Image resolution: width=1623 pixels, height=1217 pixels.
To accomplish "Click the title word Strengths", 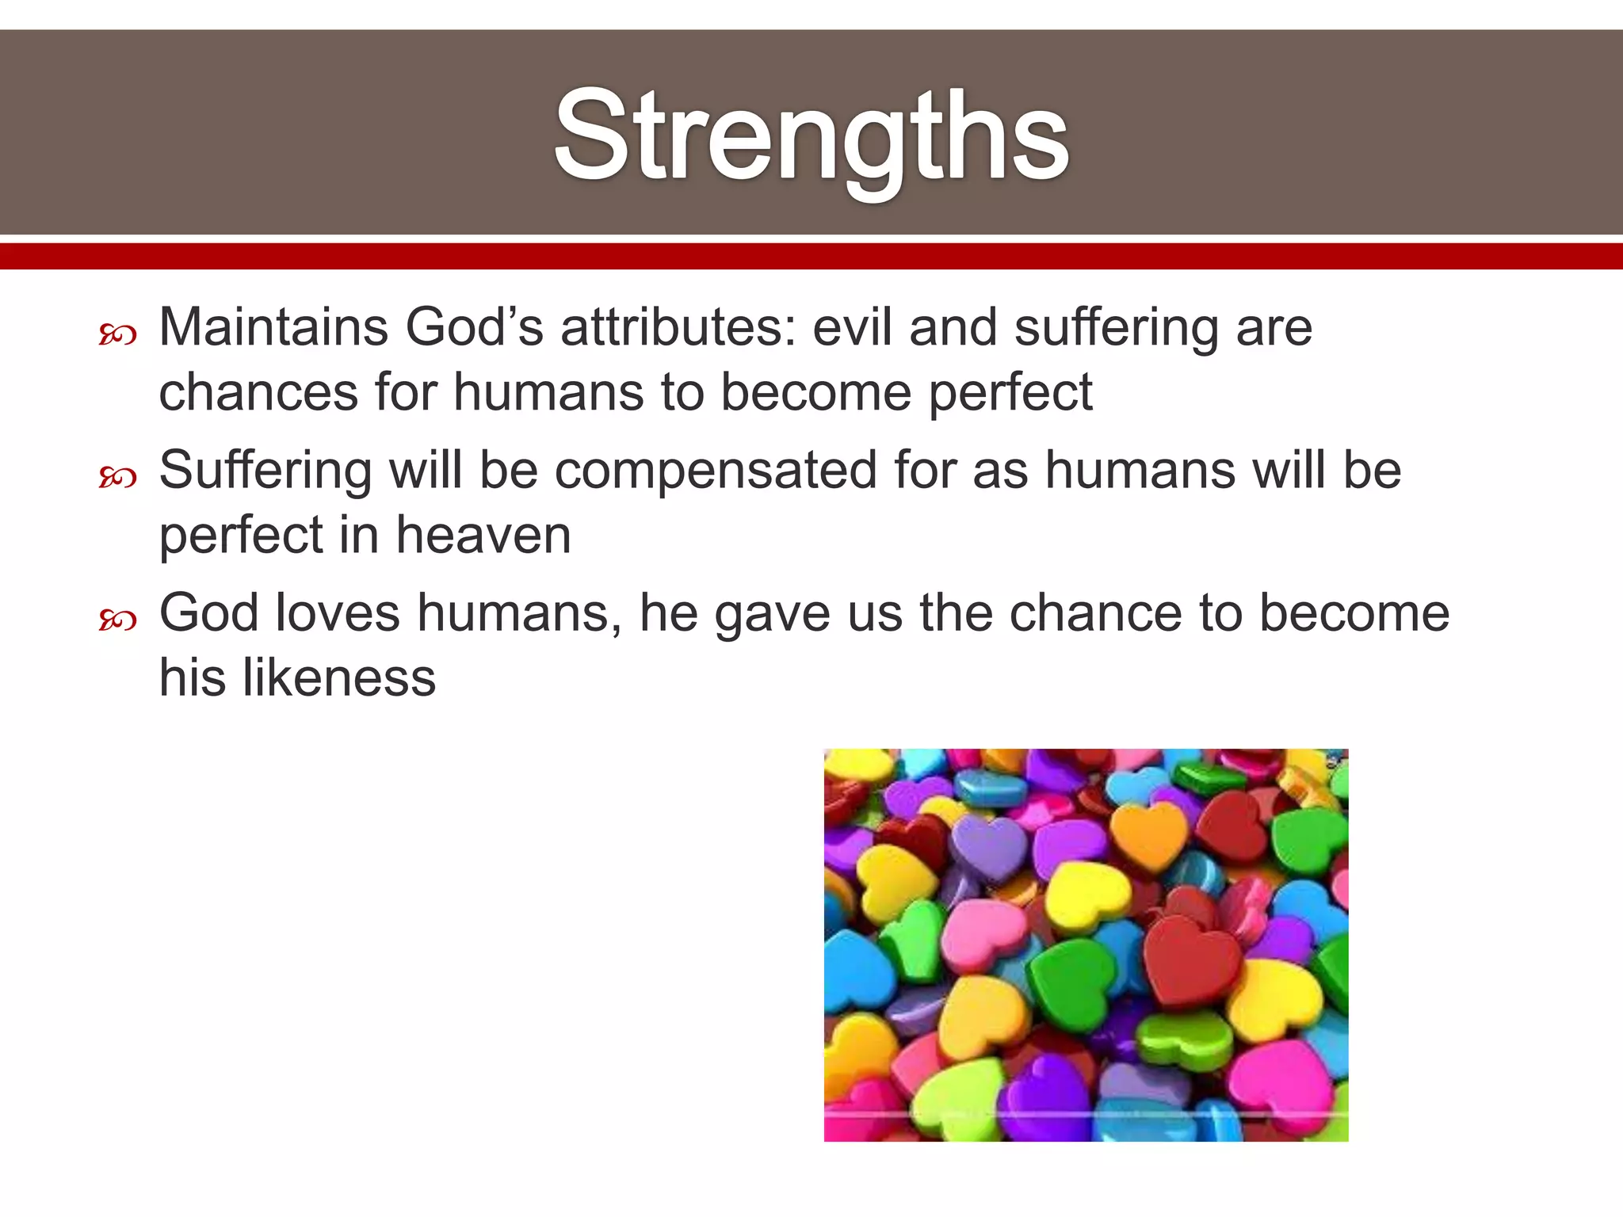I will click(811, 136).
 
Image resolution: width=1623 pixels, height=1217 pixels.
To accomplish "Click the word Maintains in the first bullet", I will click(273, 327).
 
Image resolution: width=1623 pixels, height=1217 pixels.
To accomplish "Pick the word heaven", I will click(483, 536).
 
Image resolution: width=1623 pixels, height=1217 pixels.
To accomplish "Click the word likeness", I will click(338, 678).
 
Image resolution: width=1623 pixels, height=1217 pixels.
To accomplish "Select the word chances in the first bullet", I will click(258, 392).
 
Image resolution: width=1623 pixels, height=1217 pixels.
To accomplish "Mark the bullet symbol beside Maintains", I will click(118, 335).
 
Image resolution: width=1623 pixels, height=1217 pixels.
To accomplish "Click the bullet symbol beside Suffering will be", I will click(118, 478).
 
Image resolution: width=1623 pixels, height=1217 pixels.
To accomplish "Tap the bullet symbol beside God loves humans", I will click(118, 620).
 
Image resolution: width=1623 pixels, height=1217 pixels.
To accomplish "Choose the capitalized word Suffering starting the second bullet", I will click(265, 471).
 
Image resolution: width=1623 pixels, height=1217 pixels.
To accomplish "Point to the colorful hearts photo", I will click(1086, 944).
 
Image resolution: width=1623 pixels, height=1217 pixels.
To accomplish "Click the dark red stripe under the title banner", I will click(811, 257).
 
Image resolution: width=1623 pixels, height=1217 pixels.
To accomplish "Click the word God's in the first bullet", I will click(474, 327).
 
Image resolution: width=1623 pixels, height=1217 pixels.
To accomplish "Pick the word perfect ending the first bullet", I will click(1010, 394).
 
